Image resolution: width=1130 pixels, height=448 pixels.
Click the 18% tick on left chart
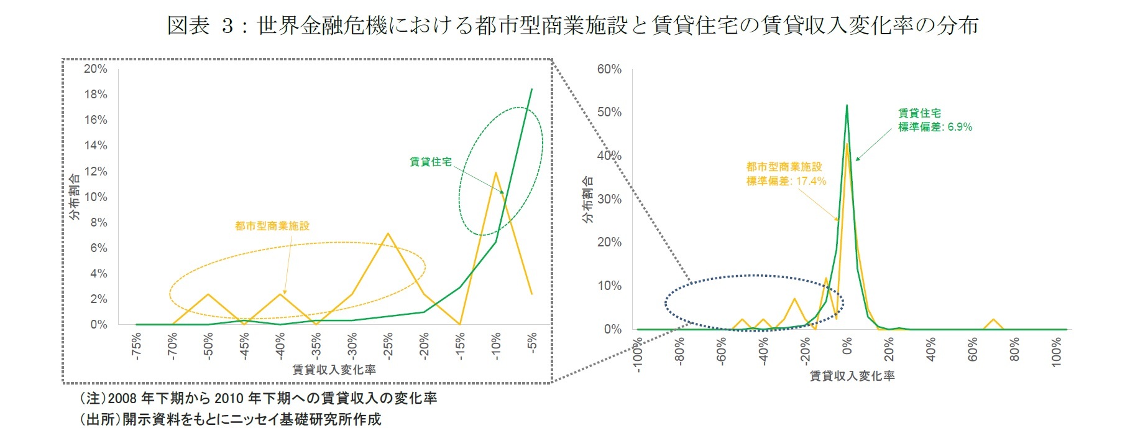96,95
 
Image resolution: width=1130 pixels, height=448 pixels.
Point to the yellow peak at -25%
388,234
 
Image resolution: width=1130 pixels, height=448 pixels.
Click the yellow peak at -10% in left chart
495,173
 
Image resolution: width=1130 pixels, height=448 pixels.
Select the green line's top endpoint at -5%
531,90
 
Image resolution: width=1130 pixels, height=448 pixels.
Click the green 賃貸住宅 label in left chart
431,162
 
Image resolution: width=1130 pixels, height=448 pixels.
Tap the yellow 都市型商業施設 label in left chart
272,226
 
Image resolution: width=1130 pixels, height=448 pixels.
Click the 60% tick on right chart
609,69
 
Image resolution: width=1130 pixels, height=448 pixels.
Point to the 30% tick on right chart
609,199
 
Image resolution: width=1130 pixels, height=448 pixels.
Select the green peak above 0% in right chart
847,106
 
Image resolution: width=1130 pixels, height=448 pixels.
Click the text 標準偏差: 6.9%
935,127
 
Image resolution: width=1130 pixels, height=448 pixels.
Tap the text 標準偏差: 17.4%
786,181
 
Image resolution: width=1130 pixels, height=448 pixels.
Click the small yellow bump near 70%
994,320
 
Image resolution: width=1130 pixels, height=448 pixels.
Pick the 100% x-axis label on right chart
1057,352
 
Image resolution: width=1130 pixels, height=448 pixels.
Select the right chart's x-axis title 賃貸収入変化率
852,376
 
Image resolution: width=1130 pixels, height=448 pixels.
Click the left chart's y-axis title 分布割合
74,197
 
